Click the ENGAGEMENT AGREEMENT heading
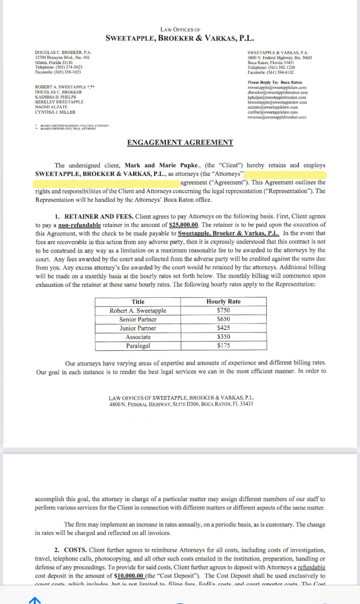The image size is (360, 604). [x=180, y=143]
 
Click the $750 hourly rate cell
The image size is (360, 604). [x=223, y=310]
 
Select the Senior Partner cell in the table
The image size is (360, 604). [x=138, y=319]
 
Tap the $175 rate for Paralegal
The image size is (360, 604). [x=223, y=346]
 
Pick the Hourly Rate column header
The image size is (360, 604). [x=223, y=302]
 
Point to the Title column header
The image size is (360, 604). [x=138, y=302]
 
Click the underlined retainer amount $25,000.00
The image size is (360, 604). [x=183, y=225]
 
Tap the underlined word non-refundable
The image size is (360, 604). [x=79, y=225]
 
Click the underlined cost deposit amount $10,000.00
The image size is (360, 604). [x=129, y=576]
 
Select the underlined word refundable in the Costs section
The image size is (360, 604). [x=311, y=567]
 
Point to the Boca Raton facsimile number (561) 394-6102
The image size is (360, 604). [x=281, y=72]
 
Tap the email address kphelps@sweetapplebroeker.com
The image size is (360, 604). [x=277, y=98]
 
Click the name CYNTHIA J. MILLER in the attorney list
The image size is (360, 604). [x=55, y=112]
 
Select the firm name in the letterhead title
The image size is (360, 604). [x=180, y=38]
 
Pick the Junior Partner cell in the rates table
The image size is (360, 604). [x=138, y=328]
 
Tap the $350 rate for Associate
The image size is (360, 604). [x=223, y=337]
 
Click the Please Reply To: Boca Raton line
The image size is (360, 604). [x=274, y=83]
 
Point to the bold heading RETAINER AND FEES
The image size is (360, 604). [x=99, y=216]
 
